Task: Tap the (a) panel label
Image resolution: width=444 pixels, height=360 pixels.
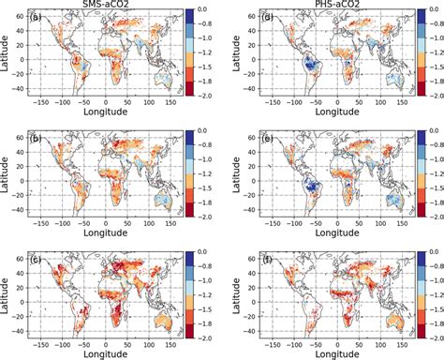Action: (35, 18)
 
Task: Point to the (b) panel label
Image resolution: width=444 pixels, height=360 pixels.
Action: (35, 138)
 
